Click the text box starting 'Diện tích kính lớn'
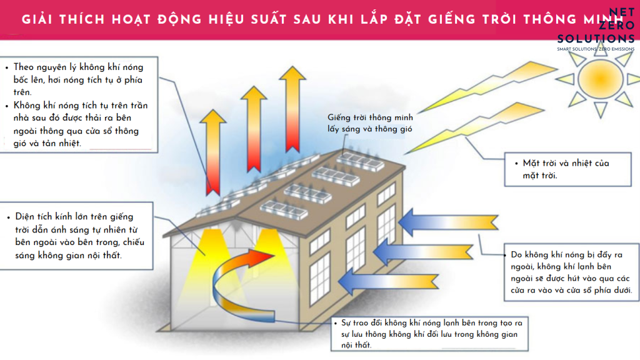pos(78,236)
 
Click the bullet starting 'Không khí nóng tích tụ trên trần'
pos(81,125)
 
